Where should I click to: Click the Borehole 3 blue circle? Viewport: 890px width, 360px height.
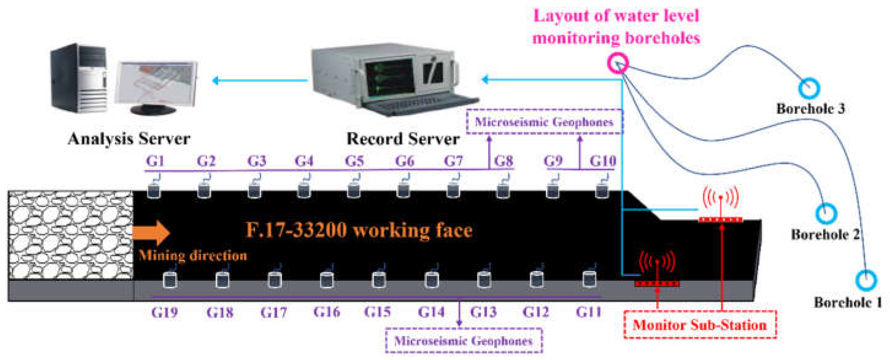pos(809,88)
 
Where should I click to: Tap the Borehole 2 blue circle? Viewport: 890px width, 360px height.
pos(826,214)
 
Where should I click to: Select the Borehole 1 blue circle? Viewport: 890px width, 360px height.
pos(866,280)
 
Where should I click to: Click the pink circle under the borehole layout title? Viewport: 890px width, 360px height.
pos(618,63)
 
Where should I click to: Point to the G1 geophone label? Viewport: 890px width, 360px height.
pos(155,161)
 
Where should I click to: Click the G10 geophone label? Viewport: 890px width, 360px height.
pos(603,161)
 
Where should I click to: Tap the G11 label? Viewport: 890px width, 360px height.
pos(588,312)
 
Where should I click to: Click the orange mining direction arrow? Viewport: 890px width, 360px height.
pos(151,233)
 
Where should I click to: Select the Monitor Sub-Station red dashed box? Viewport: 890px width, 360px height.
pos(700,325)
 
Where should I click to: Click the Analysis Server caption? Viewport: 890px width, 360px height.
pos(129,139)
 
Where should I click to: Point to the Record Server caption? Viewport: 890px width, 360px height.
pos(403,139)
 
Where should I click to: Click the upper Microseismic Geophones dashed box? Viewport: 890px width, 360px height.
pos(545,122)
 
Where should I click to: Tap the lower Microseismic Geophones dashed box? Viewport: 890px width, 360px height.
pos(464,341)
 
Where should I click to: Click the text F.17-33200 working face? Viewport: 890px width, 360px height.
pos(359,230)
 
